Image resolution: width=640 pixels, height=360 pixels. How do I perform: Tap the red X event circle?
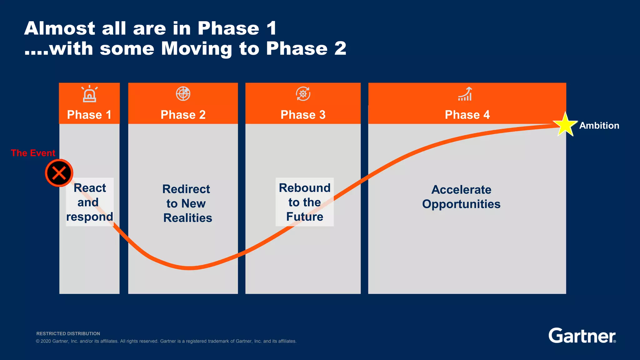point(59,173)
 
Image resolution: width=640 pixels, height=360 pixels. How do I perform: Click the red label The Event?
point(33,153)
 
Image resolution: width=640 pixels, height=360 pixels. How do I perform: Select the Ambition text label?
point(599,125)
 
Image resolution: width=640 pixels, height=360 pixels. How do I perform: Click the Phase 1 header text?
point(89,115)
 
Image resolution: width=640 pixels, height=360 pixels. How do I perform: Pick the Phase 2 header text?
point(183,115)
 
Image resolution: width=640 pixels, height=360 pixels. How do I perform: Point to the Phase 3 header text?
point(303,115)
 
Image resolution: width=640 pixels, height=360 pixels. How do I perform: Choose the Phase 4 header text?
point(467,115)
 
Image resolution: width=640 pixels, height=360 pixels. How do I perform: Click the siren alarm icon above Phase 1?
point(89,94)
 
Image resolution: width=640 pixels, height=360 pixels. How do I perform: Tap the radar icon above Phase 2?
point(183,94)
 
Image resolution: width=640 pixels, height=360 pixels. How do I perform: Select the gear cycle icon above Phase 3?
point(303,94)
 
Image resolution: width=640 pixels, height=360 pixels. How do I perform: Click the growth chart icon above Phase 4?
point(465,94)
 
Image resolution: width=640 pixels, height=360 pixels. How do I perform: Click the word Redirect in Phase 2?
point(186,189)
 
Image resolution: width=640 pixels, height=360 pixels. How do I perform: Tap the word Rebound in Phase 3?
point(304,188)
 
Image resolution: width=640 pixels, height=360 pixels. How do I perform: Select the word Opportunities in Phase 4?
point(461,204)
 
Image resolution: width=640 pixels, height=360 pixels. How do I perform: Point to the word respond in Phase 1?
point(89,217)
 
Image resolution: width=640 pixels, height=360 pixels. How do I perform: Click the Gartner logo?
point(582,336)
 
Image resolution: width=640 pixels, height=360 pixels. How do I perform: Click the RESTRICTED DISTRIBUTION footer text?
point(68,333)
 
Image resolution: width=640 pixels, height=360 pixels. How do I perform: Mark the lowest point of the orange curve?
point(190,268)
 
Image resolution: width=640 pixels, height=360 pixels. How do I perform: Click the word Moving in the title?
point(197,49)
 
